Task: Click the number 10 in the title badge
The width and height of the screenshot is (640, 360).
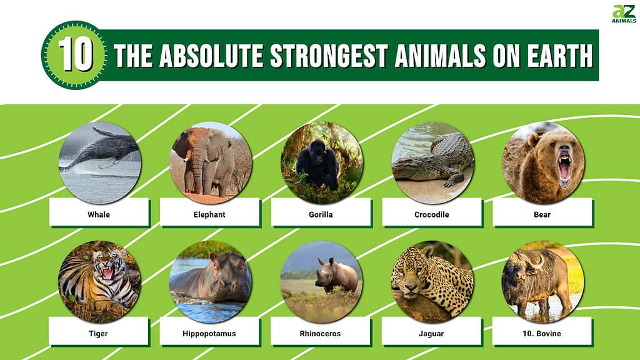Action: coord(76,55)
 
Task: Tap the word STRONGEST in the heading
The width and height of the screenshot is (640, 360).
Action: coord(329,56)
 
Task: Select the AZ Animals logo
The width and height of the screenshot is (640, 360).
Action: coord(624,14)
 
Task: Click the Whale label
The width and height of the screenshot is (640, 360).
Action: coord(99,214)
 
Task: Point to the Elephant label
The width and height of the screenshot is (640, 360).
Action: coord(209,214)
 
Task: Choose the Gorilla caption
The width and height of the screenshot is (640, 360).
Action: coord(321,214)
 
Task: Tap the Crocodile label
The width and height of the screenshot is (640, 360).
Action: coord(431,214)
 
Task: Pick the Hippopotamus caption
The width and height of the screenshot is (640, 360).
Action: coord(209,334)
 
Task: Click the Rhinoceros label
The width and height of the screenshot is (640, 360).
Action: coord(320,334)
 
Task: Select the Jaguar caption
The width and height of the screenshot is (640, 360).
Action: coord(431,334)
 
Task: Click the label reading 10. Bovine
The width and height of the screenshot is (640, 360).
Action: coord(542,334)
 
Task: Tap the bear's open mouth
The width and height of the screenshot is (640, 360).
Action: coord(564,167)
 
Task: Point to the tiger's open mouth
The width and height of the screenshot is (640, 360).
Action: coord(107,272)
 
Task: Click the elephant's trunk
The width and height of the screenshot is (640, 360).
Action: coord(198,171)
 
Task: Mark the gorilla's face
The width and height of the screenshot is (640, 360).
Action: coord(317,151)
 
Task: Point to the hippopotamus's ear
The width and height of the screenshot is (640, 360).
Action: coord(212,257)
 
